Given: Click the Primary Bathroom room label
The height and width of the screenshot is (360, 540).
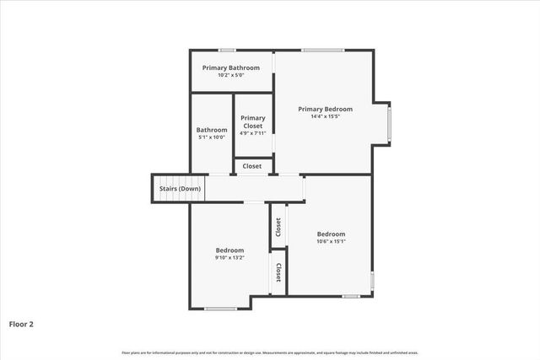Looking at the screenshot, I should click(231, 67).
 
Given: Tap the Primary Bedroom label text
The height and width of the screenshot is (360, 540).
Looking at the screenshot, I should click(326, 109).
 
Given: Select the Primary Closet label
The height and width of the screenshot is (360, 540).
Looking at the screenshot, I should click(253, 121).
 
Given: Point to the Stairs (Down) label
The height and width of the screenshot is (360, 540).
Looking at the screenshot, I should click(181, 189).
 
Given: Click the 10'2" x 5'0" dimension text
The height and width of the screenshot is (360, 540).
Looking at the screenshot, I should click(231, 76).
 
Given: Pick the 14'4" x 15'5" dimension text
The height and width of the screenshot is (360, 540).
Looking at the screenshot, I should click(326, 117).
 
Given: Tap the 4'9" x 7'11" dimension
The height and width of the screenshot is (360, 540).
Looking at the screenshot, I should click(253, 132).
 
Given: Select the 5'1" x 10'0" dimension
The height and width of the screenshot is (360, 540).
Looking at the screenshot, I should click(212, 137).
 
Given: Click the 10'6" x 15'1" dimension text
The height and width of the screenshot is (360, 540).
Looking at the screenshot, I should click(331, 242).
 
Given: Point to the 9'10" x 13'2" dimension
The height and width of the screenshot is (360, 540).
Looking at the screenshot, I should click(229, 258).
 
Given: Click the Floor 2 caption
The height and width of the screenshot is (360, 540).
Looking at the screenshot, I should click(21, 323).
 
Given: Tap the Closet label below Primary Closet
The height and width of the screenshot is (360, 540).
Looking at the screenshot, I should click(252, 166).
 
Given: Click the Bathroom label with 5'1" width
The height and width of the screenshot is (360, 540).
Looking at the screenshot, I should click(212, 130).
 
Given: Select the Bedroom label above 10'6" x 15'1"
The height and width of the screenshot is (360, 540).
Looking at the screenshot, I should click(331, 234).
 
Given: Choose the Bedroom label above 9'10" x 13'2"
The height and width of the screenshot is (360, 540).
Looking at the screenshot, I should click(229, 250).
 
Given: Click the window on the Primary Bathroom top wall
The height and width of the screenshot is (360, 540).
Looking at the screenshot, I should click(227, 51).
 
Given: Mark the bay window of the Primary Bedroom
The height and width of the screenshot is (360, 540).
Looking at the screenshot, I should click(389, 123).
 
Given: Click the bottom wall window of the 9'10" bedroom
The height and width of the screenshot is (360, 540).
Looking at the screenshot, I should click(220, 309).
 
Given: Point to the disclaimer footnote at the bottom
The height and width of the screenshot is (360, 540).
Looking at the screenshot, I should click(270, 352).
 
